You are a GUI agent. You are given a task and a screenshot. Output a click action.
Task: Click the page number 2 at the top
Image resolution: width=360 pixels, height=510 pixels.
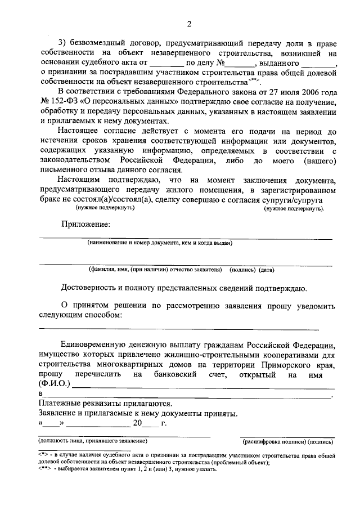click(190, 24)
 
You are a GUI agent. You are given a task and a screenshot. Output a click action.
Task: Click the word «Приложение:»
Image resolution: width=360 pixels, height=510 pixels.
click(86, 224)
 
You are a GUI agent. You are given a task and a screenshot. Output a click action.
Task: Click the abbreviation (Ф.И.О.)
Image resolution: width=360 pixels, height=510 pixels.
click(55, 383)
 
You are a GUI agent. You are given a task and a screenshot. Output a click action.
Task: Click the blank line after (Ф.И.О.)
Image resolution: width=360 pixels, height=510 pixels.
click(202, 386)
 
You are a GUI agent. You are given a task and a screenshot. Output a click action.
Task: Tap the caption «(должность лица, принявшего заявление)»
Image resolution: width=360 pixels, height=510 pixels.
click(93, 440)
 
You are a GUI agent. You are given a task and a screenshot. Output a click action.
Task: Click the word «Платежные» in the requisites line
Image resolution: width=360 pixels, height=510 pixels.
click(60, 403)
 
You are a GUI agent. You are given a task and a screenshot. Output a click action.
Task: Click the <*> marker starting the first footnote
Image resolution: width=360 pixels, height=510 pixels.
click(44, 454)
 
